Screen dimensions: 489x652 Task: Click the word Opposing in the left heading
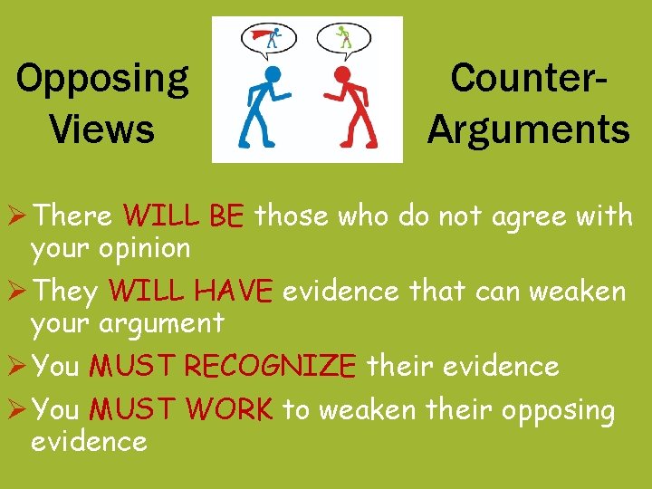pyautogui.click(x=102, y=81)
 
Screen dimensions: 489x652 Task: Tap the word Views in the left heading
pyautogui.click(x=102, y=129)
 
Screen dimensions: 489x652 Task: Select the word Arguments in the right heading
pyautogui.click(x=529, y=129)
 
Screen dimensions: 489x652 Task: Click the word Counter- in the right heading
pyautogui.click(x=529, y=78)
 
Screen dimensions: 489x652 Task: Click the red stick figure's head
pyautogui.click(x=341, y=74)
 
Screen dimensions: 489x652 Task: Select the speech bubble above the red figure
pyautogui.click(x=343, y=38)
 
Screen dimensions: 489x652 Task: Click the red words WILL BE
pyautogui.click(x=184, y=217)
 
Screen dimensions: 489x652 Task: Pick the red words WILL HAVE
pyautogui.click(x=189, y=292)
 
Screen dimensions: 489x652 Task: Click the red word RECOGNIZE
pyautogui.click(x=270, y=367)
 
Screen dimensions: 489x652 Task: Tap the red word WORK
pyautogui.click(x=229, y=410)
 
